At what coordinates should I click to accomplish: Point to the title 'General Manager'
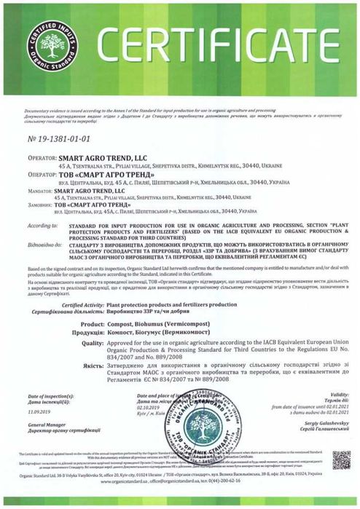43,422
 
